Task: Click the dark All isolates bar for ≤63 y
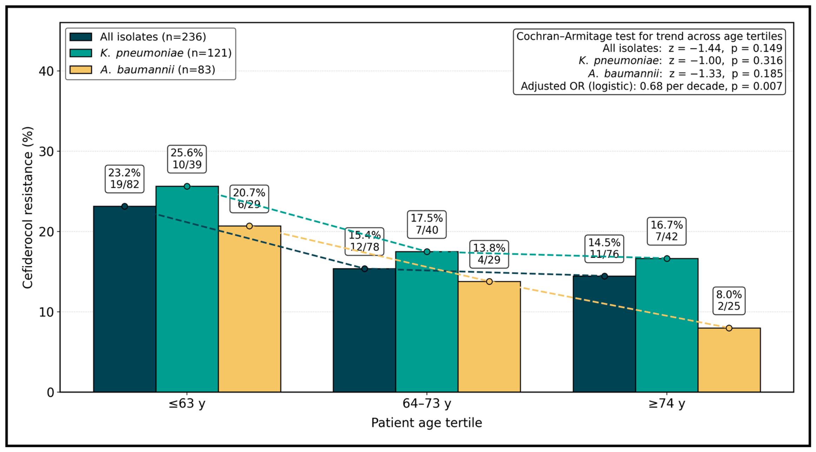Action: click(125, 299)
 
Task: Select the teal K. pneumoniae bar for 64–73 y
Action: click(427, 322)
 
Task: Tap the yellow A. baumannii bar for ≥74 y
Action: click(729, 360)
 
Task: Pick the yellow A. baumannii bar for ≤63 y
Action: click(250, 309)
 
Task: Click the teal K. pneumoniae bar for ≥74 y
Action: click(667, 325)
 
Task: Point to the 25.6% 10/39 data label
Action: click(187, 159)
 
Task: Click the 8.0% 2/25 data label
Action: click(729, 301)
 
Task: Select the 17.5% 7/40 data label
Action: click(427, 224)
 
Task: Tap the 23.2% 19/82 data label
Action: click(125, 179)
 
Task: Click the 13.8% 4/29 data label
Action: click(489, 254)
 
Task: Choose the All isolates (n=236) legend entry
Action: click(138, 37)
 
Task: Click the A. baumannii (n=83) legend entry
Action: click(142, 70)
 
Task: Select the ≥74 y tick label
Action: click(666, 404)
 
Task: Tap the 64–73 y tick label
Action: click(427, 404)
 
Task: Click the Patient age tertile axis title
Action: click(427, 423)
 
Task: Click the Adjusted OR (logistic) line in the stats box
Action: click(651, 86)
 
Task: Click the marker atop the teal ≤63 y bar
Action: click(187, 186)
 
